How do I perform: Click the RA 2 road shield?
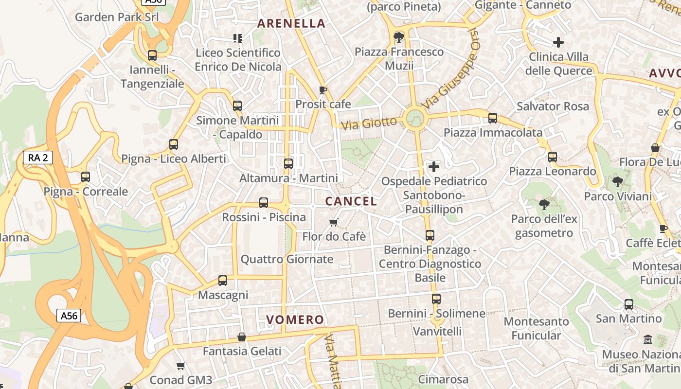pos(37,158)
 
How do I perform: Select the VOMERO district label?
pos(295,319)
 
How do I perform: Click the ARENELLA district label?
pos(291,23)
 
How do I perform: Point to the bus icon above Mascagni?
pos(223,281)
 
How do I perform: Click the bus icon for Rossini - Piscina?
pos(264,203)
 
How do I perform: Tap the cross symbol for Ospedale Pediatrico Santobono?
pos(433,167)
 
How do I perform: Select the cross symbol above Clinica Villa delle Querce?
pos(558,42)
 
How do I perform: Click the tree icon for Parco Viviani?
pos(617,182)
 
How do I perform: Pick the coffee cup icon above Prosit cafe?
pos(323,90)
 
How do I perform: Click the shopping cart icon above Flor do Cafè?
pos(334,222)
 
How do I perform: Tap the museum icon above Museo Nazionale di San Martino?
pos(647,339)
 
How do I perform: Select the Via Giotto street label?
pos(369,123)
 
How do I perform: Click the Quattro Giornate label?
pos(287,259)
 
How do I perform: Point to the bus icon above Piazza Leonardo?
pos(552,157)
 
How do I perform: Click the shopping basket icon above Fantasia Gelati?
pos(242,337)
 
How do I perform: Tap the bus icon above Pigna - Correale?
pos(86,177)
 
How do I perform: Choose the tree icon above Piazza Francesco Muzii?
pos(399,37)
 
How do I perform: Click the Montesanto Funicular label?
pos(536,328)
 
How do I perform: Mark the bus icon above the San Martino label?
pos(629,305)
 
